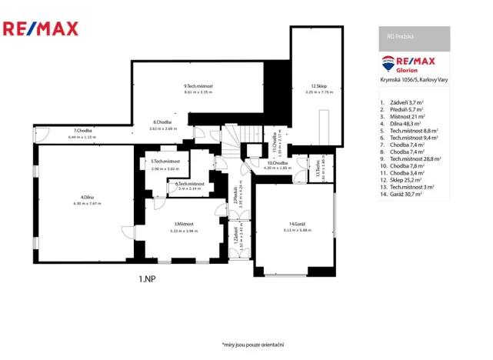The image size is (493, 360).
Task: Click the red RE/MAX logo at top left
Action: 41,29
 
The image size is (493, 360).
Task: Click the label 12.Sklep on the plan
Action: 319,85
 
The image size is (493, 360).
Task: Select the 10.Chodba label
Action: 277,163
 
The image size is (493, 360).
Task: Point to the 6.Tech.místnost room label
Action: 189,184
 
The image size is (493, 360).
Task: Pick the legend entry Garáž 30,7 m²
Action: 408,195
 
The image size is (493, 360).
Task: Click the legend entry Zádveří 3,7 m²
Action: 408,102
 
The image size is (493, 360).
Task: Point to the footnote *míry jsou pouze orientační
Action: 253,344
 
